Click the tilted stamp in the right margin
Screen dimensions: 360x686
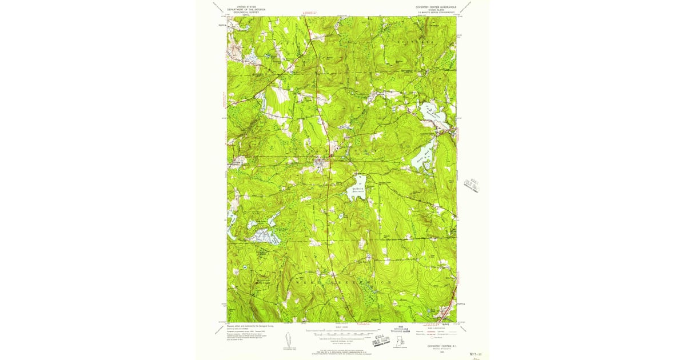(473, 185)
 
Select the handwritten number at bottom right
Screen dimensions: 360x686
(474, 354)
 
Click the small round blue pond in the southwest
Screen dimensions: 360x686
(245, 267)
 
